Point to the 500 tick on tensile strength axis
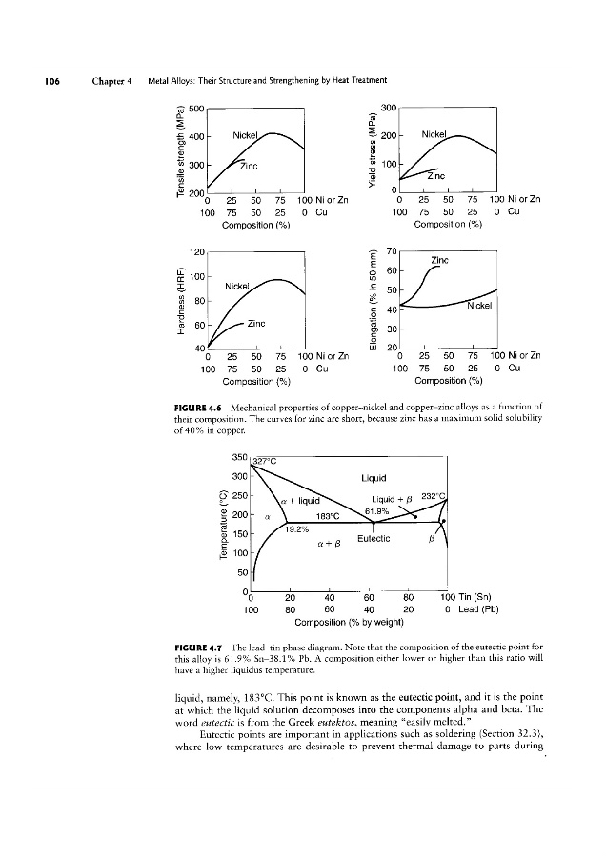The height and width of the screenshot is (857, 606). point(198,108)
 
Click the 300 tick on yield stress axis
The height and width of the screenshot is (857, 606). point(386,108)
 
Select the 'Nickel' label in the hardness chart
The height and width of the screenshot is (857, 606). point(238,285)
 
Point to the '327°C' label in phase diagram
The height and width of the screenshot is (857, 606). point(255,464)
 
